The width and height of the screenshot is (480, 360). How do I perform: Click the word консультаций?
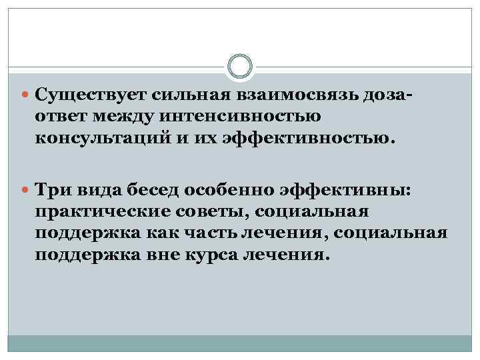(105, 139)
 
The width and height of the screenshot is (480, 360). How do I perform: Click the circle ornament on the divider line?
(240, 67)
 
